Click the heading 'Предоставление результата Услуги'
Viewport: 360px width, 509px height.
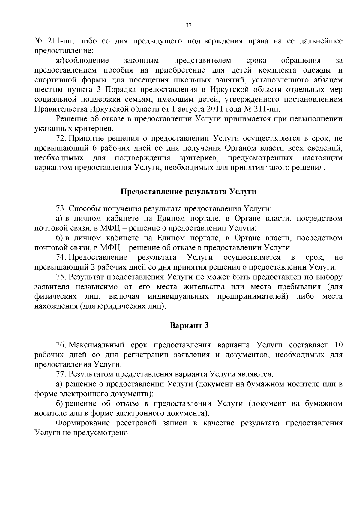pos(188,192)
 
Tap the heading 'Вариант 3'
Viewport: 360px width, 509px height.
pos(189,325)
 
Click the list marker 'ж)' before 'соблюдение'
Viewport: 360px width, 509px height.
pos(60,61)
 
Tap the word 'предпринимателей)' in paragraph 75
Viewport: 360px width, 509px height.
pos(253,297)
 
